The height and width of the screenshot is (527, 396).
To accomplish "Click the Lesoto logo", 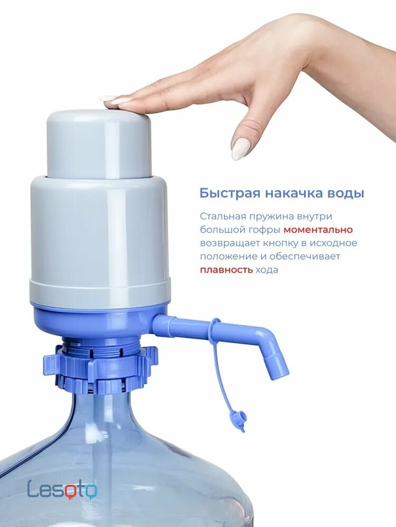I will (x=62, y=489).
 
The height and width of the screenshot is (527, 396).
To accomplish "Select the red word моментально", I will (x=318, y=230).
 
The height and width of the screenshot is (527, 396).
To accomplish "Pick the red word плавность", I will (x=226, y=270).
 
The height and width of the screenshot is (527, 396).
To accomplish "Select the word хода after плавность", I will (x=267, y=270).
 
